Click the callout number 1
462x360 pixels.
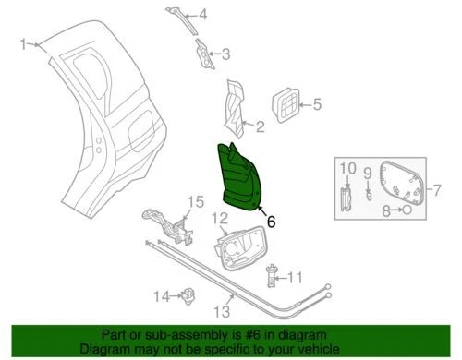24,42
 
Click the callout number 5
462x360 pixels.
316,105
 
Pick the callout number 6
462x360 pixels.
271,222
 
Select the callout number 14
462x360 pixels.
160,296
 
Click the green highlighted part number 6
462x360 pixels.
242,177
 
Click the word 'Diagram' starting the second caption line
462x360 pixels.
103,350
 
